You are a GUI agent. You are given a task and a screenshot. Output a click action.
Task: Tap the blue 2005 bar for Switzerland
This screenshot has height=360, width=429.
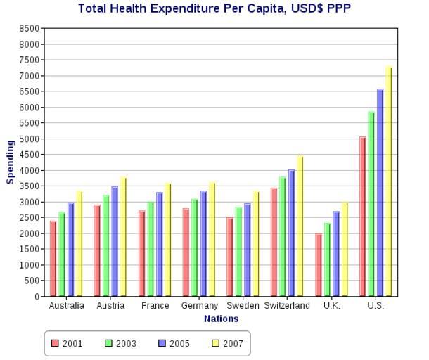pyautogui.click(x=291, y=233)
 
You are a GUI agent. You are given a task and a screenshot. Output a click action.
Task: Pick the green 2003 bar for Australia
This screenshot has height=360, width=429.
pyautogui.click(x=62, y=254)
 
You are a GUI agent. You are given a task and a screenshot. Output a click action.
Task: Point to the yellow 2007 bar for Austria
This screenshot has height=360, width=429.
pyautogui.click(x=123, y=236)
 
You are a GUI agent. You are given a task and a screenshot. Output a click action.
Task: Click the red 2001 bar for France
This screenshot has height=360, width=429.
pyautogui.click(x=141, y=253)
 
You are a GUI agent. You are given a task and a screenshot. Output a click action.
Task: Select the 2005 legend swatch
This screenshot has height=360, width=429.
pyautogui.click(x=162, y=344)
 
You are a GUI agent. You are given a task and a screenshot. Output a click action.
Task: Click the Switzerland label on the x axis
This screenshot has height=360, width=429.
pyautogui.click(x=287, y=307)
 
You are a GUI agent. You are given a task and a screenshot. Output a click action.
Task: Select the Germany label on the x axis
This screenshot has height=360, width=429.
pyautogui.click(x=199, y=307)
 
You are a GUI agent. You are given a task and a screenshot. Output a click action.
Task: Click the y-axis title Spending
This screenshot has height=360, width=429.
pyautogui.click(x=11, y=162)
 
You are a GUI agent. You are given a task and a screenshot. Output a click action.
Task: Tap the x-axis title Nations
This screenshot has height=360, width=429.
pyautogui.click(x=221, y=319)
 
